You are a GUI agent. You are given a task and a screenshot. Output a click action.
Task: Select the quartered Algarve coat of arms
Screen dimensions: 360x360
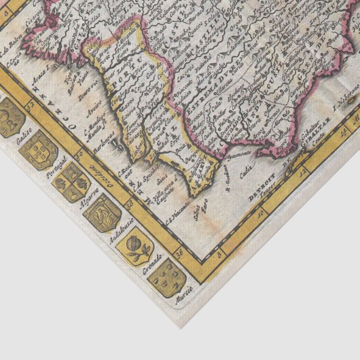click(x=70, y=181)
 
